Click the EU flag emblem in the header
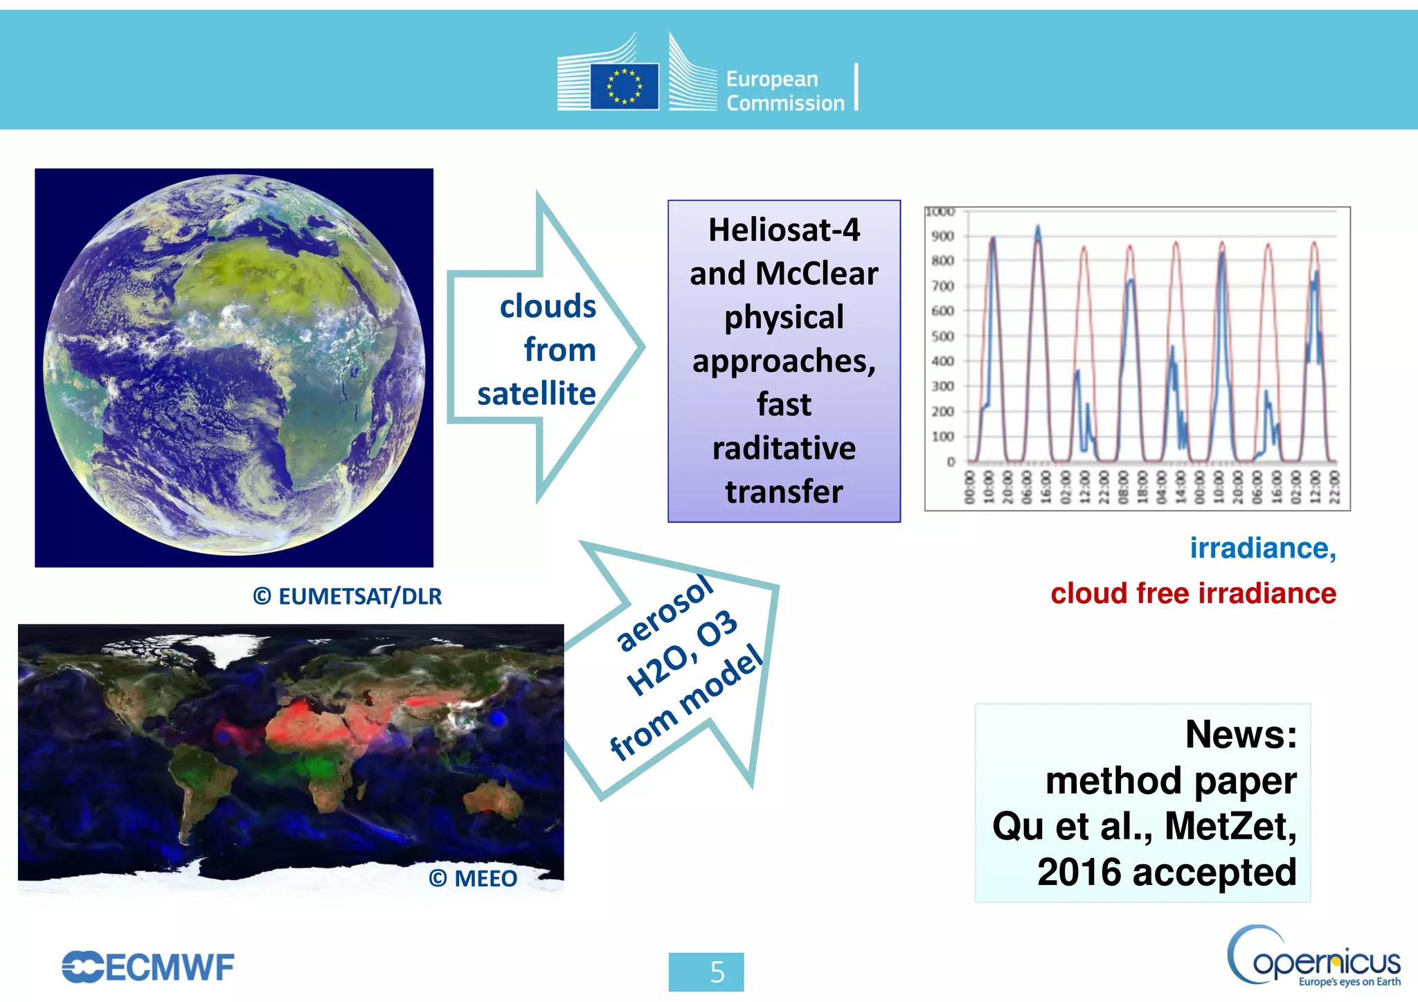pos(624,87)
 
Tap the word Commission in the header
pos(785,104)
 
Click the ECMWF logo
pos(148,967)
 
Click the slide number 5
pos(717,972)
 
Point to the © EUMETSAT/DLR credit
pos(347,596)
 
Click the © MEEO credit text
pos(473,878)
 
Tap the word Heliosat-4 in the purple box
pos(784,230)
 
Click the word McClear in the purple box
pos(816,274)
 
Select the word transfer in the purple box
pos(784,492)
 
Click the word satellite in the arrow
pos(537,393)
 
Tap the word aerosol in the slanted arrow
pos(663,614)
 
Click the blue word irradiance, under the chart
pos(1262,548)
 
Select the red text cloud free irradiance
pos(1193,593)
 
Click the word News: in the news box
pos(1241,734)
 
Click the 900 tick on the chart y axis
pos(942,236)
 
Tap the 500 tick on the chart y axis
pos(942,337)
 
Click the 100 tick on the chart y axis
pos(942,436)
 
